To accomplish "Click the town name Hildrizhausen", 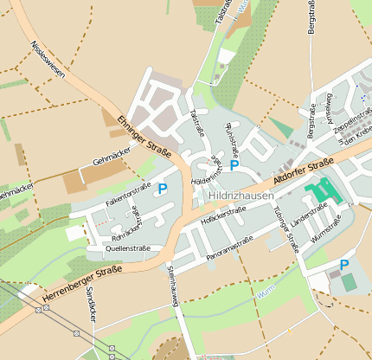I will (x=241, y=196).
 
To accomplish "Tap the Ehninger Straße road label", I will (x=144, y=134).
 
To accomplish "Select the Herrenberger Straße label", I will (x=80, y=285).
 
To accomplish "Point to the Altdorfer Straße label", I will (x=303, y=170).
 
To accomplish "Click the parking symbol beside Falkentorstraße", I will (x=162, y=189).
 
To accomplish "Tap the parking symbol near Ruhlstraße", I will (x=234, y=164).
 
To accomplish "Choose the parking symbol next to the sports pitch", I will (x=343, y=265).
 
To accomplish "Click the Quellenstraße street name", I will (x=127, y=248).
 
